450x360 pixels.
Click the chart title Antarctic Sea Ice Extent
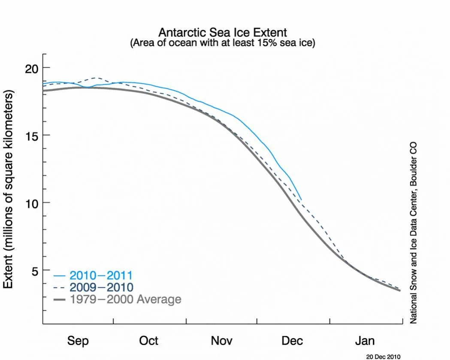click(223, 33)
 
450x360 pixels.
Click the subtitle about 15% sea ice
click(223, 43)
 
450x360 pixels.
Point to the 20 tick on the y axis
click(30, 68)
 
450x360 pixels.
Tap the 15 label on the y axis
click(30, 135)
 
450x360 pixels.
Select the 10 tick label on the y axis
click(30, 203)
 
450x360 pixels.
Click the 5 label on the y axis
click(34, 270)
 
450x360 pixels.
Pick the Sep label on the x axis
click(78, 341)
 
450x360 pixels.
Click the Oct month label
click(149, 341)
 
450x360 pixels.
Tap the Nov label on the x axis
click(222, 341)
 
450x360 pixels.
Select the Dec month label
click(293, 341)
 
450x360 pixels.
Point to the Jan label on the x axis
click(365, 341)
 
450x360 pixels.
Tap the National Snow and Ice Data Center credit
click(414, 233)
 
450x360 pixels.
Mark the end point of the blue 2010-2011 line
click(302, 200)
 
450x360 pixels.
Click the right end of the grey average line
click(400, 290)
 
